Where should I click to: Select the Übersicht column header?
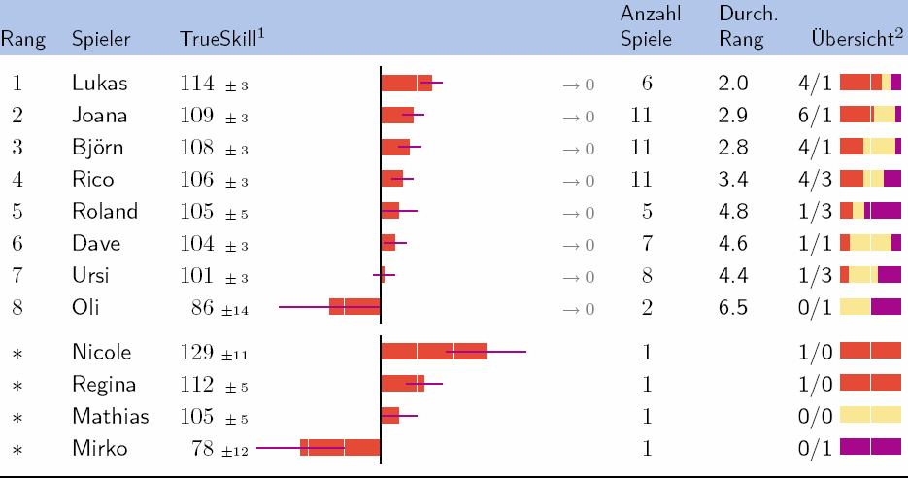(852, 39)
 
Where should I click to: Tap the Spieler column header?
(101, 40)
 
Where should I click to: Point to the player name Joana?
(100, 116)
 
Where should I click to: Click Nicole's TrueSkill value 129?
(202, 353)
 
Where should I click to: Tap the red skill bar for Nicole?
(433, 352)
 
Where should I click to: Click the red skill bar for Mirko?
(340, 448)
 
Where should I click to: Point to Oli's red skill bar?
(354, 307)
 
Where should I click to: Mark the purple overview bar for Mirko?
(870, 448)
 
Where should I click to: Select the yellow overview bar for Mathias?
(870, 416)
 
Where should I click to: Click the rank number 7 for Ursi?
(17, 276)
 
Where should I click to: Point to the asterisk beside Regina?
(17, 385)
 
